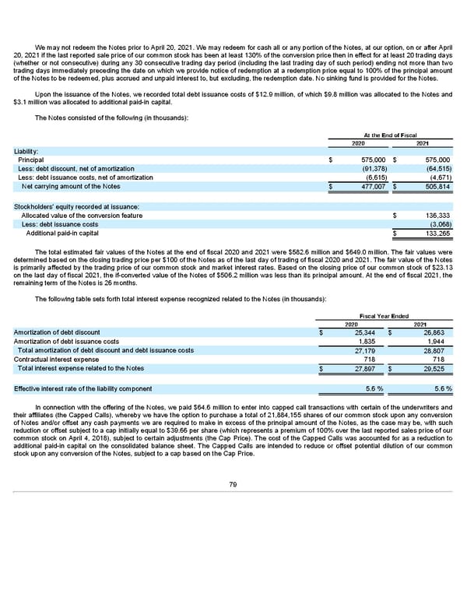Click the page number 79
233,486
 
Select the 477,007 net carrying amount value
372,186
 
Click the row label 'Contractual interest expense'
56,360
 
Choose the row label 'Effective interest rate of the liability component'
83,388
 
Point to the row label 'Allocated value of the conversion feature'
82,215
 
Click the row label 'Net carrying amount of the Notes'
72,186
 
